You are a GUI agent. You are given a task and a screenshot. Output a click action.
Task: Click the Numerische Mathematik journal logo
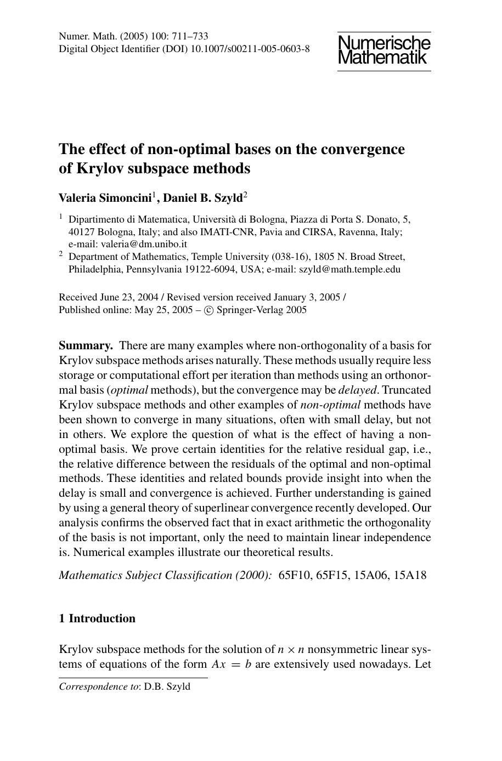384,50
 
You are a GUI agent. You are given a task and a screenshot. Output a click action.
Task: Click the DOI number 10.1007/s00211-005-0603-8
249,49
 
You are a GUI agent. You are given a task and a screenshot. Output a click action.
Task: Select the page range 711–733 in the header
190,36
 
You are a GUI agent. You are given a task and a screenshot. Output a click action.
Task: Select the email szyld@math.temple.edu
349,269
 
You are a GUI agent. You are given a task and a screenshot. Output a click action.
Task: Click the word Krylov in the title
100,168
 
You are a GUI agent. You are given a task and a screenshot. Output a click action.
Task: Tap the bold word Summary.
86,345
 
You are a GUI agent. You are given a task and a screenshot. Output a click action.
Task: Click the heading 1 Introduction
97,618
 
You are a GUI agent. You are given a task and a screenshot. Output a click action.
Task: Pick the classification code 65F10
294,575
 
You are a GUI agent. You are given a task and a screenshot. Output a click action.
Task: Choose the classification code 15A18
410,575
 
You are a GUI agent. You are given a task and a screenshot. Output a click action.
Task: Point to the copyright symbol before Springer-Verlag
208,310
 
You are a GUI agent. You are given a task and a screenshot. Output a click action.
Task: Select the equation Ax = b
232,665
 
